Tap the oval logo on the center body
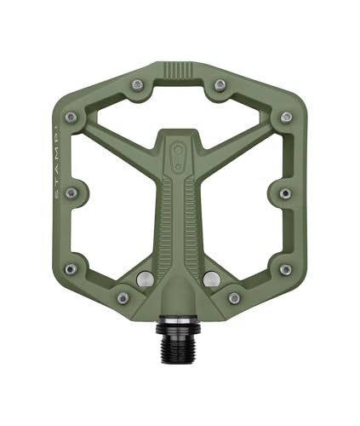click(179, 152)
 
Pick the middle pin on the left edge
click(71, 193)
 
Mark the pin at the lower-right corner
click(285, 269)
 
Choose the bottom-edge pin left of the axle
click(123, 297)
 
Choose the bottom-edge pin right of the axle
click(234, 297)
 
